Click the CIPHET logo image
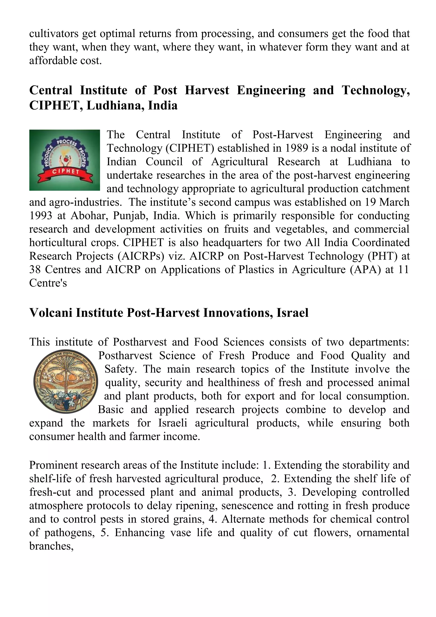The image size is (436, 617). tap(65, 160)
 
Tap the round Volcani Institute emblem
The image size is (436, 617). tap(66, 381)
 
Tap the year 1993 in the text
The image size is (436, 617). tap(40, 215)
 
